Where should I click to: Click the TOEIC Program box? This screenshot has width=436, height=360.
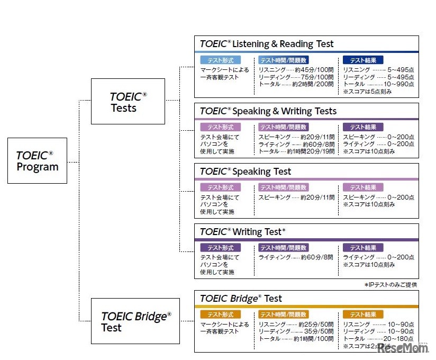pos(37,161)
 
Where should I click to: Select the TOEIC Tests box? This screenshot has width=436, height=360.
pos(128,102)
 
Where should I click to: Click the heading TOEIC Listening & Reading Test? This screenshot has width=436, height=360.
pos(267,44)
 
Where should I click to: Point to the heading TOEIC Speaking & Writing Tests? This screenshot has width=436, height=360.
pos(268,111)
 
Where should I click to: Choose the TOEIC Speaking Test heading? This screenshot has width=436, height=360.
pos(246,172)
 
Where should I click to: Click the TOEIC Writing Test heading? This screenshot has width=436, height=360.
pos(243,232)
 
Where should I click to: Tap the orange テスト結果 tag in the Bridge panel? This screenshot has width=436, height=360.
pos(363,314)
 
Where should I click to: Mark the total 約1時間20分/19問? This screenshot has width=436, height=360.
pos(310,151)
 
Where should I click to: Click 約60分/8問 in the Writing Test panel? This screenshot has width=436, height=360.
pos(316,257)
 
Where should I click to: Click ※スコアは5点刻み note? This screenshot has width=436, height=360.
pos(368,91)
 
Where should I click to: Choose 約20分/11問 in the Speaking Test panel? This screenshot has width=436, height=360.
pos(317,197)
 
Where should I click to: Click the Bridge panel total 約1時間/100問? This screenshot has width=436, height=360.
pos(314,338)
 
